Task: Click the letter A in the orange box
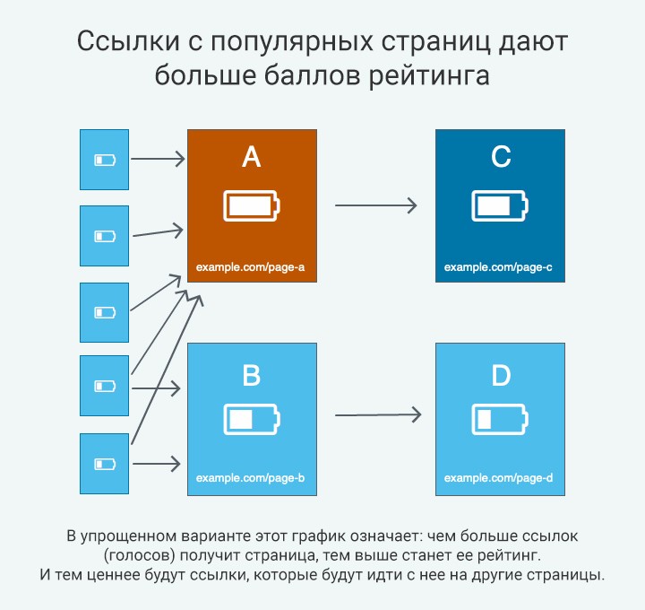[252, 157]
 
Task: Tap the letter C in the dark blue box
[501, 157]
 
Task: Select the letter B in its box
[252, 375]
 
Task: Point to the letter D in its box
[501, 375]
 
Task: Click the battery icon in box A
[252, 205]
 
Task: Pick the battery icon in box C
[500, 205]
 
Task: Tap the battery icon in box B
[252, 419]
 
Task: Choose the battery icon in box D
[500, 419]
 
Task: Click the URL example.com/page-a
[250, 267]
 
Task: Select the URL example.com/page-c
[498, 267]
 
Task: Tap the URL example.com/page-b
[250, 478]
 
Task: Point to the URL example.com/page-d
[498, 478]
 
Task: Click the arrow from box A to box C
[376, 205]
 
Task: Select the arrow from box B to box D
[378, 414]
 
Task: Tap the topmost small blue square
[104, 160]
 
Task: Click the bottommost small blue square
[104, 464]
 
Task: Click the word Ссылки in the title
[128, 41]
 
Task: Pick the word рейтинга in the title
[429, 76]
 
